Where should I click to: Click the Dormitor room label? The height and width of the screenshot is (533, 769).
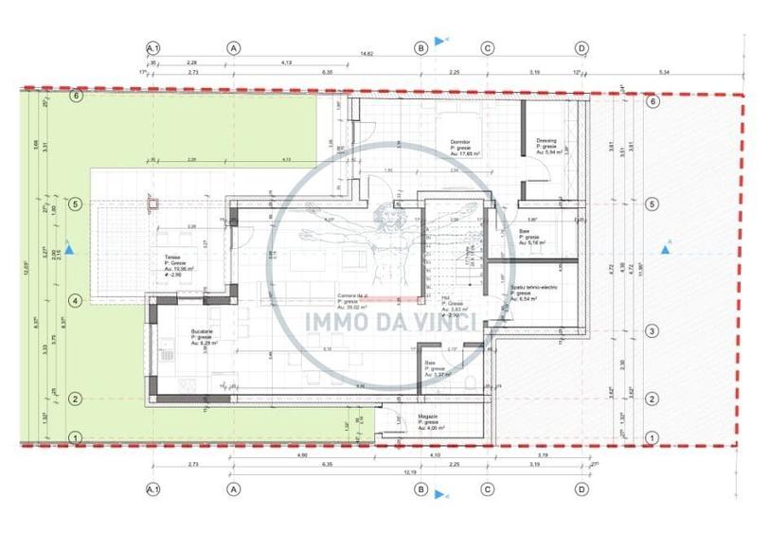461,139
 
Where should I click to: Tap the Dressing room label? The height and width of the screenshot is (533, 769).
546,140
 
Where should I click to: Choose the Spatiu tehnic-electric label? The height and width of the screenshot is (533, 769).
531,288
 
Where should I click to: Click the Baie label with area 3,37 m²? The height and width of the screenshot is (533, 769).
430,363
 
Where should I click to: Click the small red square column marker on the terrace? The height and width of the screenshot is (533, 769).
151,202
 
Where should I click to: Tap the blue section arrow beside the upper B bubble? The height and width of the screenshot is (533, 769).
438,41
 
